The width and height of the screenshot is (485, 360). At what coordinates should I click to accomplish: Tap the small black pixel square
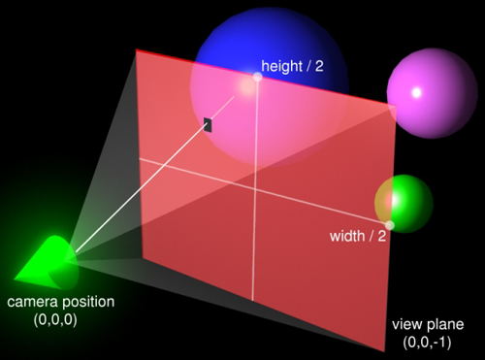point(208,123)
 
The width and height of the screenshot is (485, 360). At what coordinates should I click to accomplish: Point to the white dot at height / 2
point(257,77)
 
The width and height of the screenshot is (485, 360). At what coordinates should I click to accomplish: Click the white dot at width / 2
point(389,225)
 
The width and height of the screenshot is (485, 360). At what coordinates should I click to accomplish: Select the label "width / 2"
point(358,236)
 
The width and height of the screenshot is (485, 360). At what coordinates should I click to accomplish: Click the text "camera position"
point(61,302)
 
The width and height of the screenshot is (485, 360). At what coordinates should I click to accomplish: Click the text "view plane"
point(428,324)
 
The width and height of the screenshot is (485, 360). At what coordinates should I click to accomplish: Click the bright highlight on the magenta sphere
point(417,93)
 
